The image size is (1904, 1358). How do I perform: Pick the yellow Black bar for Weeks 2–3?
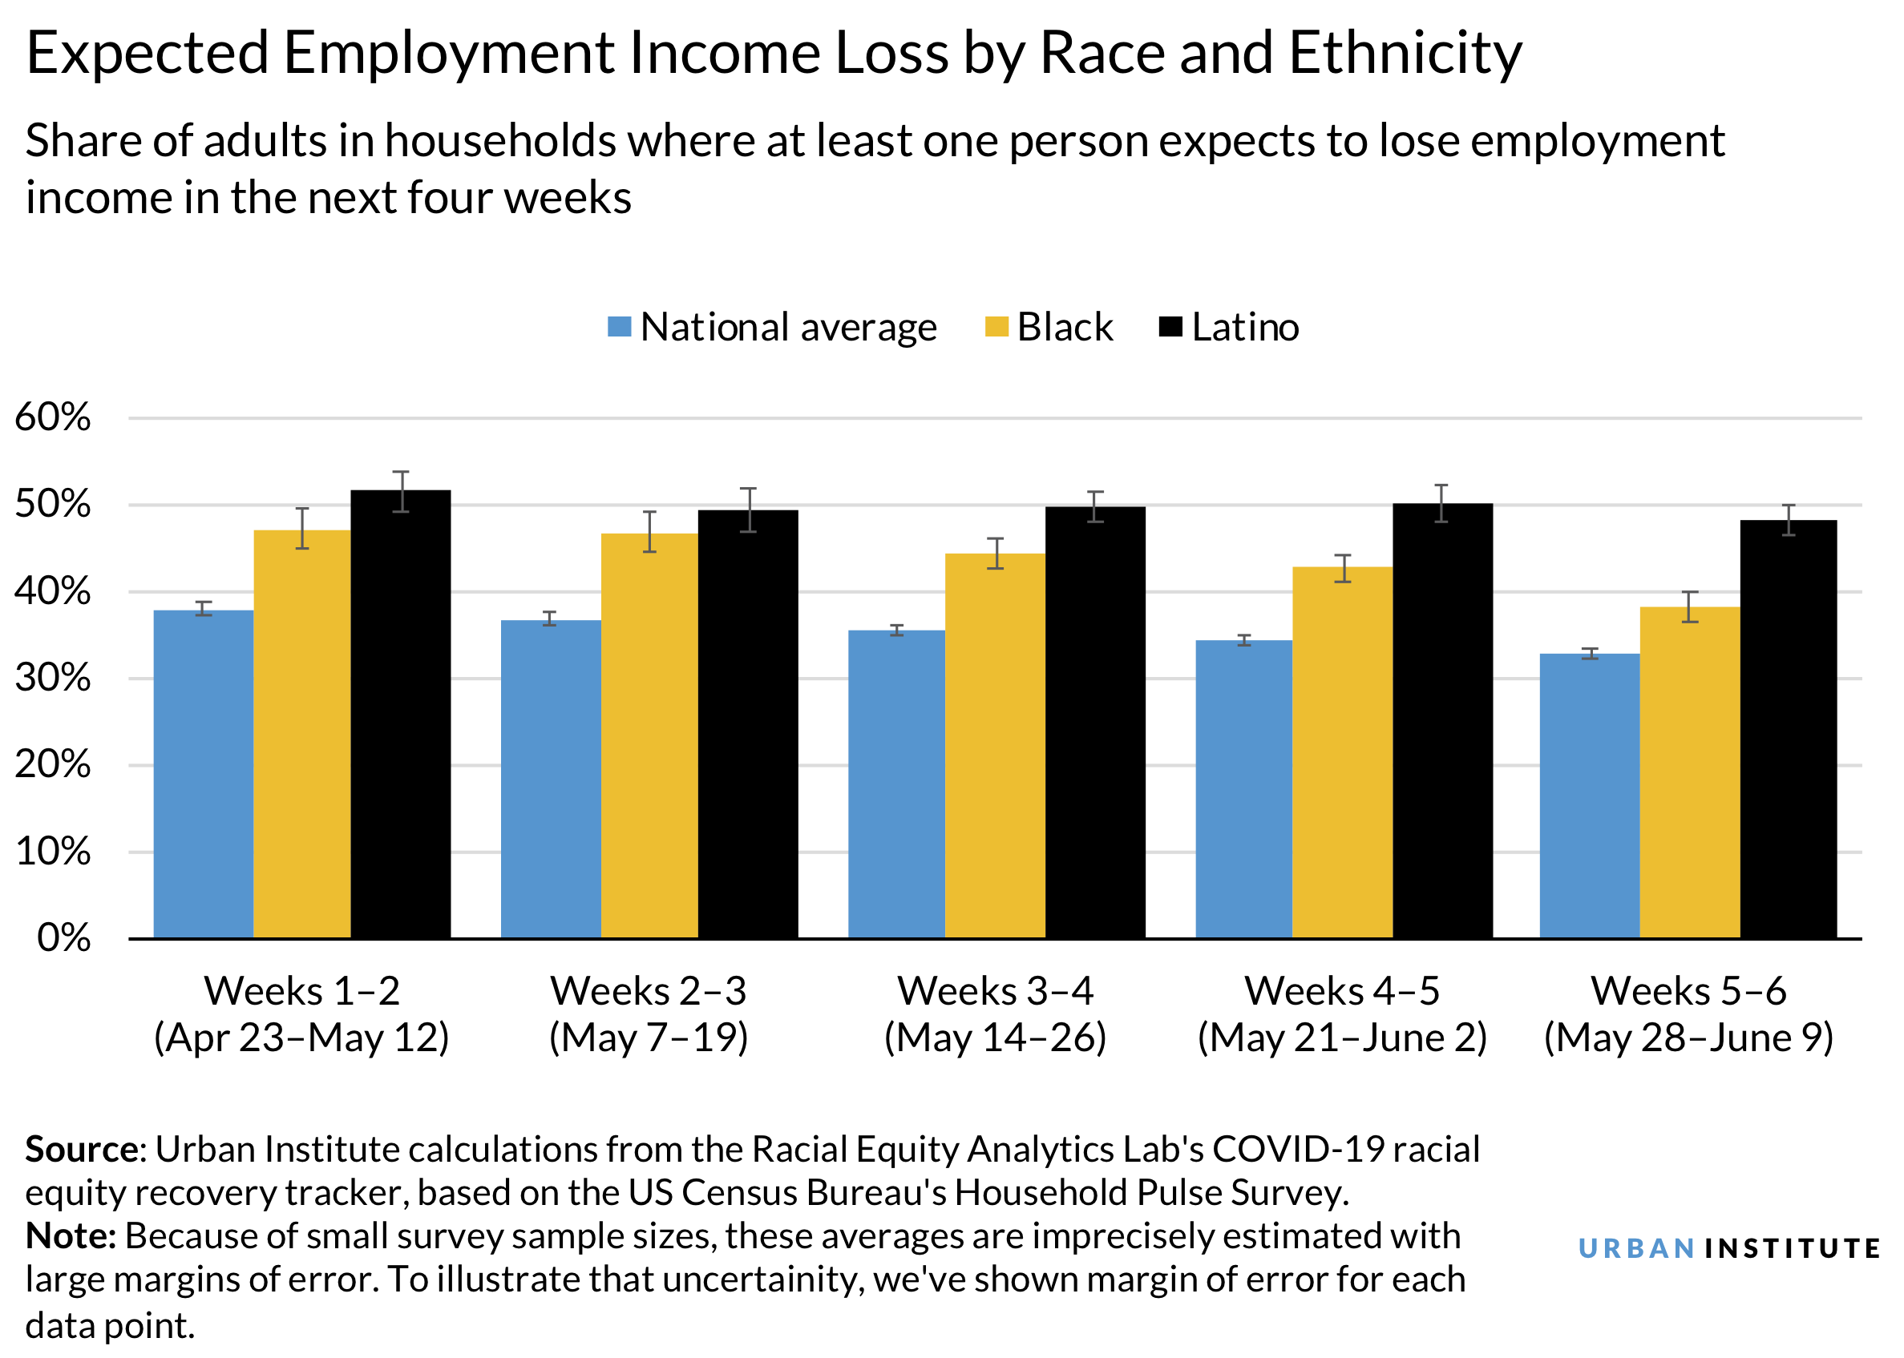(649, 735)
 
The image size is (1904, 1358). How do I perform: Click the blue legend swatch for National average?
(619, 327)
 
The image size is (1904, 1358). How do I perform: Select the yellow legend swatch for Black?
(996, 327)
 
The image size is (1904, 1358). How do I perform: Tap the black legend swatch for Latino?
(1170, 327)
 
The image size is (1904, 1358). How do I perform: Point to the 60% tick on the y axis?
(53, 417)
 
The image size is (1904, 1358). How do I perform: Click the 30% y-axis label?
(53, 678)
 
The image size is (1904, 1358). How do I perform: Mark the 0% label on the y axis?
(63, 938)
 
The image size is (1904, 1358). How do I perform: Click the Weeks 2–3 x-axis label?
(649, 992)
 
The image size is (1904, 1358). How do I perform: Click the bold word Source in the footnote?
(82, 1150)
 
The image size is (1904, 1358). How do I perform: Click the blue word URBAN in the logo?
(1635, 1248)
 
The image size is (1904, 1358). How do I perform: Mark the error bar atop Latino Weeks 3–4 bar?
(1095, 506)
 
